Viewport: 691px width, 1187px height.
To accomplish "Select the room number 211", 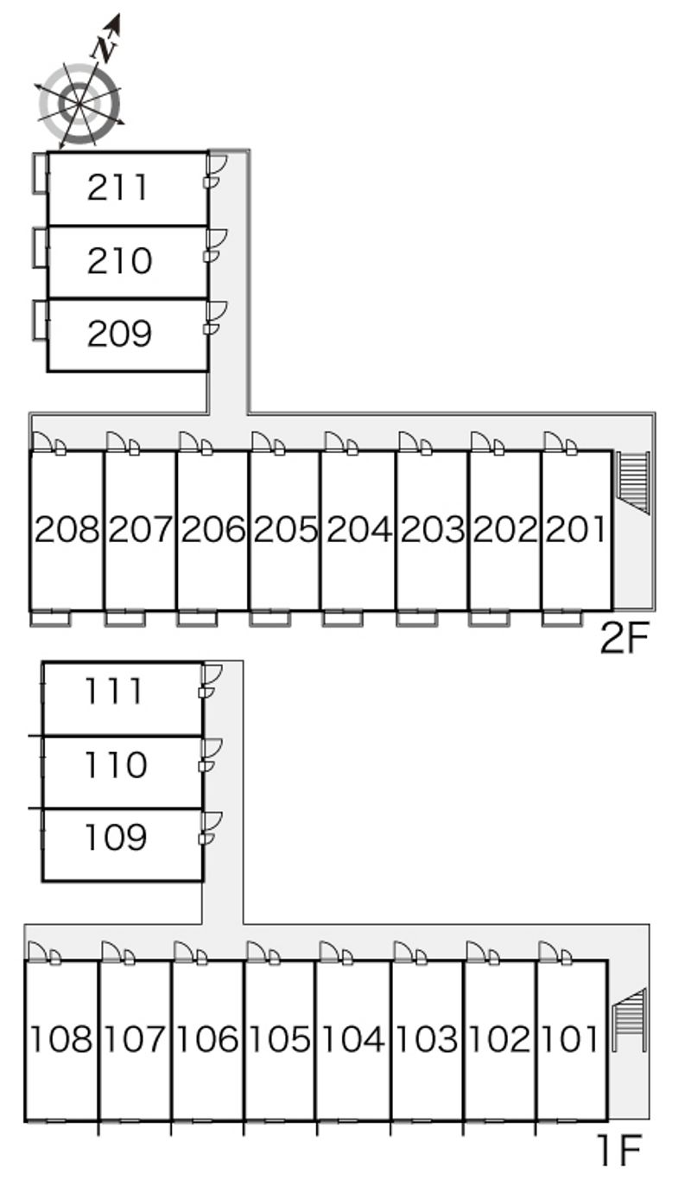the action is [x=118, y=188].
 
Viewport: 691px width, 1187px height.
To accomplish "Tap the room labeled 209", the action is [x=118, y=334].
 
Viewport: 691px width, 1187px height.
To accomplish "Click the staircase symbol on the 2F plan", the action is [x=634, y=482].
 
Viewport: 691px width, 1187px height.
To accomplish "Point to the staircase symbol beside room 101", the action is [x=629, y=1020].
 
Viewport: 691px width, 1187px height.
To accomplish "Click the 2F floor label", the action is [x=624, y=641].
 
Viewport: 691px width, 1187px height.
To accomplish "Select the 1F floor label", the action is [x=618, y=1150].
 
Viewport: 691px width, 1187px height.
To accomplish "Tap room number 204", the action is [x=357, y=529].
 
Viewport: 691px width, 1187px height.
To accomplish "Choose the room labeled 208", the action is [x=67, y=529].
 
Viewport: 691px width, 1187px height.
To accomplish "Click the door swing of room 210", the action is [x=216, y=239].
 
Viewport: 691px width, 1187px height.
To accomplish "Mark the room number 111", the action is [x=113, y=691].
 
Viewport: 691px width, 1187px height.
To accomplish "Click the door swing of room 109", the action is [x=211, y=821].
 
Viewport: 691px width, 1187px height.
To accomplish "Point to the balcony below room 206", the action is [x=196, y=617].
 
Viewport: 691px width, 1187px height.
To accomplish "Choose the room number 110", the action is [x=115, y=764].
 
